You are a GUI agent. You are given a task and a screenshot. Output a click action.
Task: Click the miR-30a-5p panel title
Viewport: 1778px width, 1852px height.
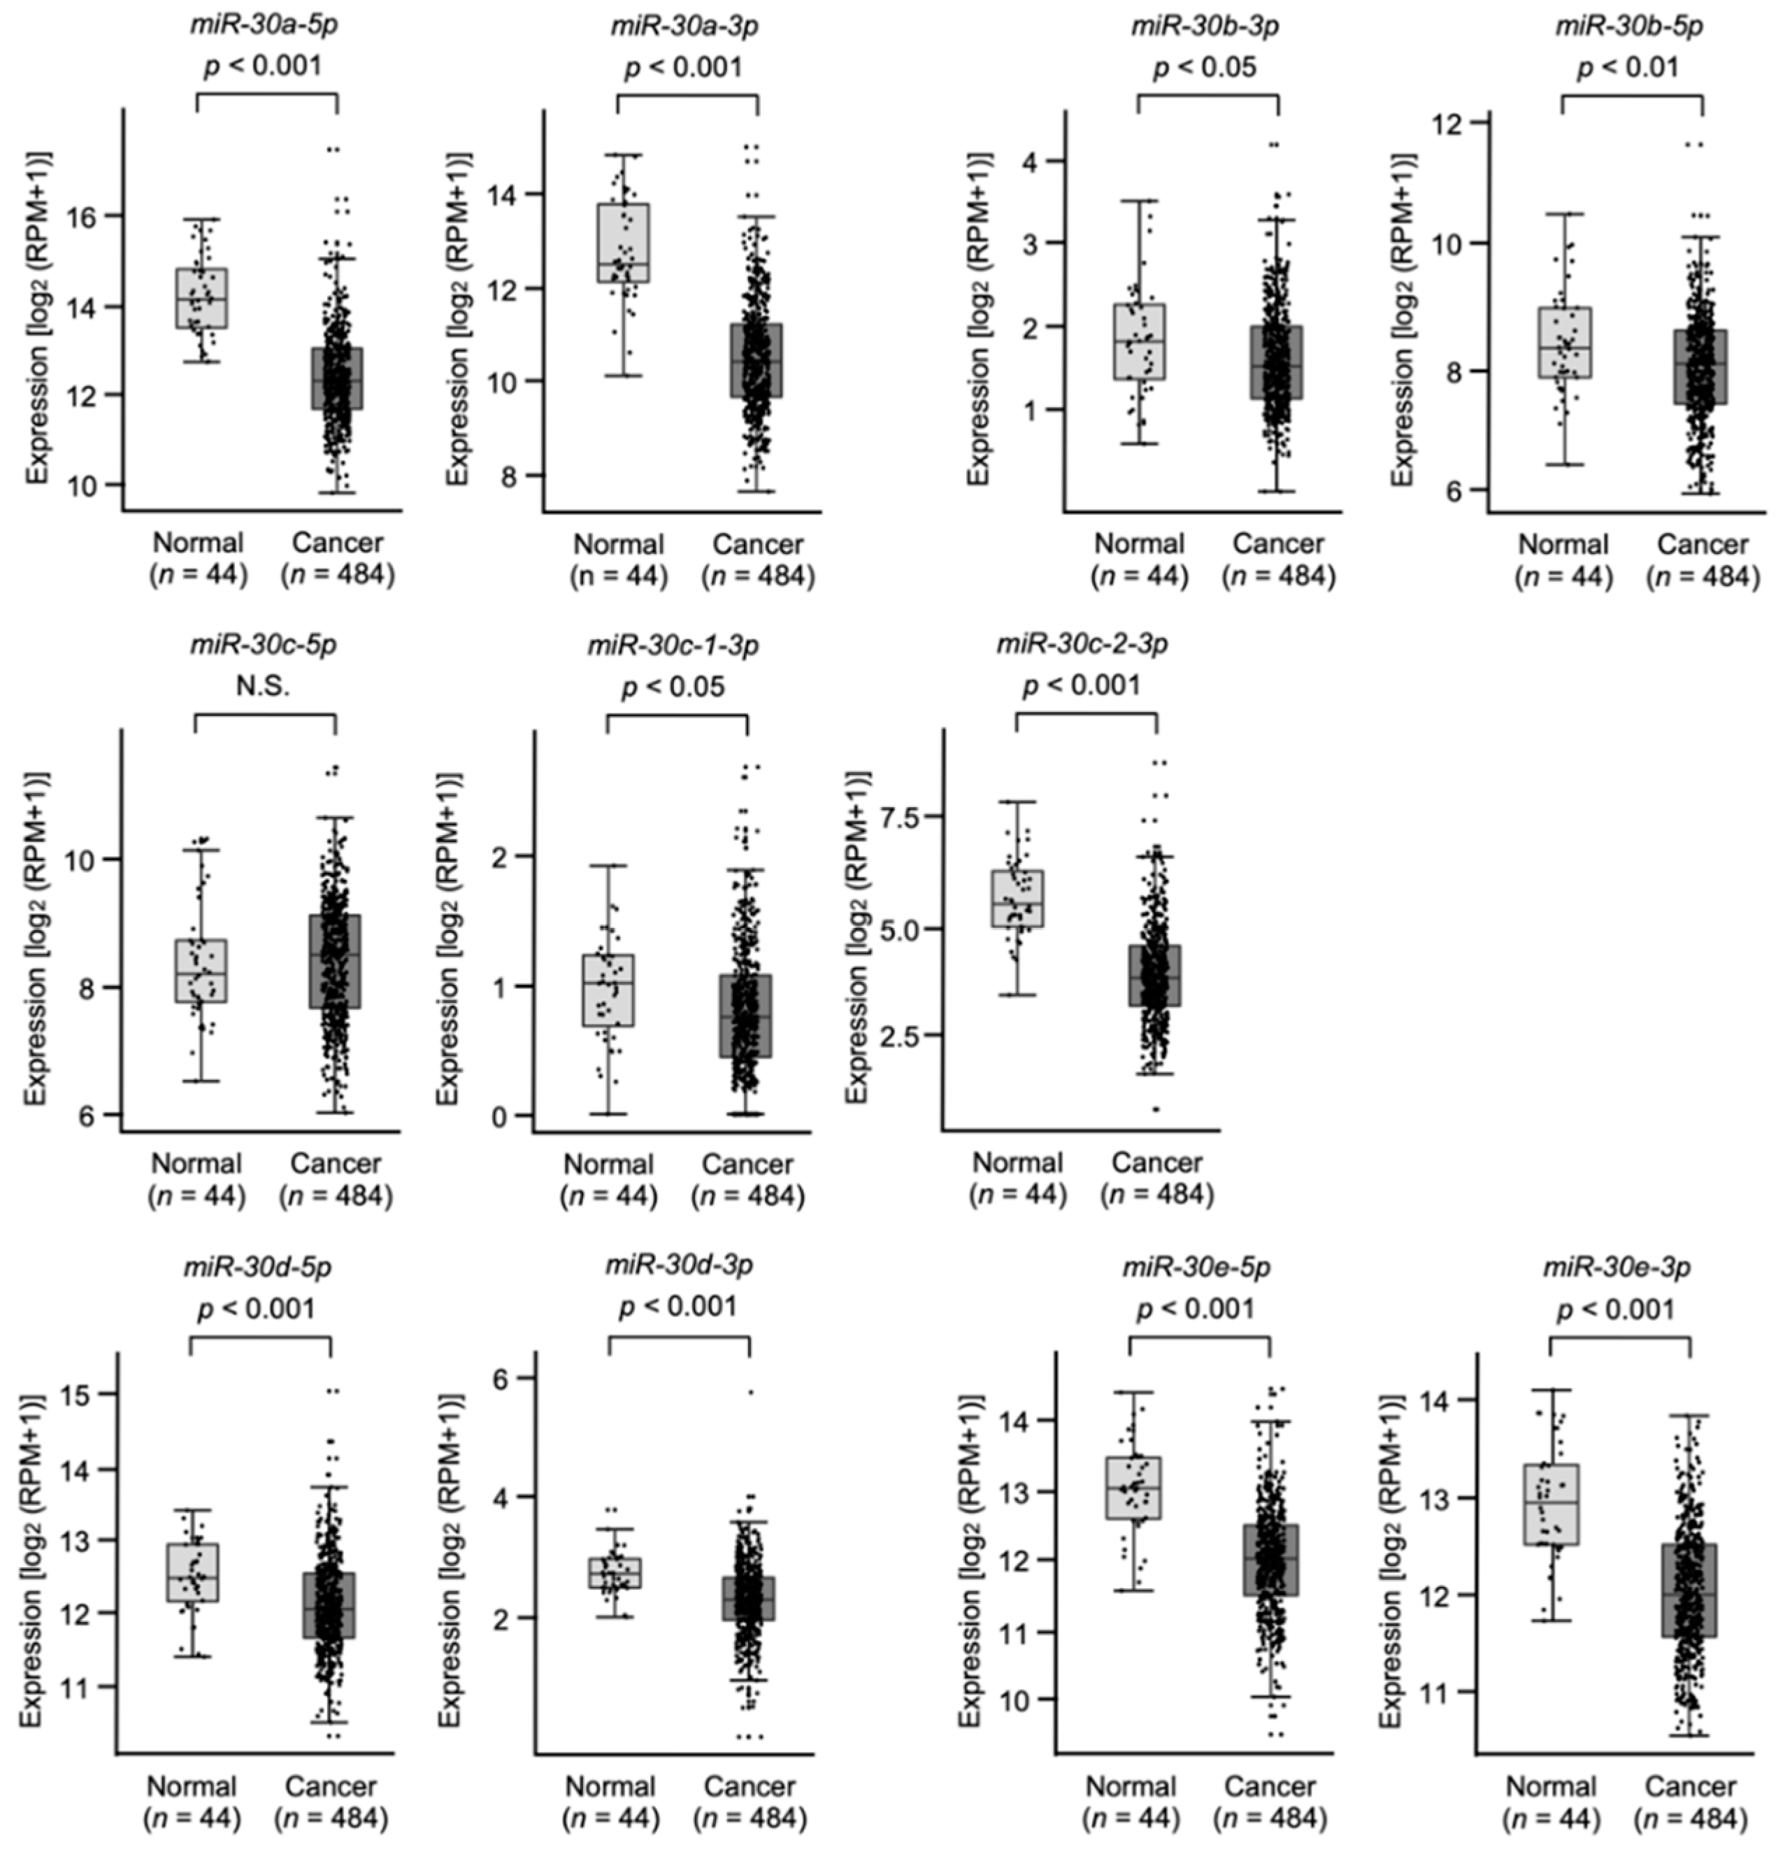click(x=263, y=24)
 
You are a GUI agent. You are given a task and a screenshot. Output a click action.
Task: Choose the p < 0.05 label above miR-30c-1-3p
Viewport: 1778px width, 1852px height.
click(x=673, y=687)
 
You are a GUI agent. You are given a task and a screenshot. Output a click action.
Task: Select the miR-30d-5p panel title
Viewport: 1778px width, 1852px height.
click(x=257, y=1266)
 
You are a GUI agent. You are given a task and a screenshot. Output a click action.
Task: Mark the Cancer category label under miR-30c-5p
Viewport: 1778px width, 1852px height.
click(x=336, y=1163)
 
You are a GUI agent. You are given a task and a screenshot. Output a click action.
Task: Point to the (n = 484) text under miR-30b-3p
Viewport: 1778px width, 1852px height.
click(x=1278, y=576)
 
